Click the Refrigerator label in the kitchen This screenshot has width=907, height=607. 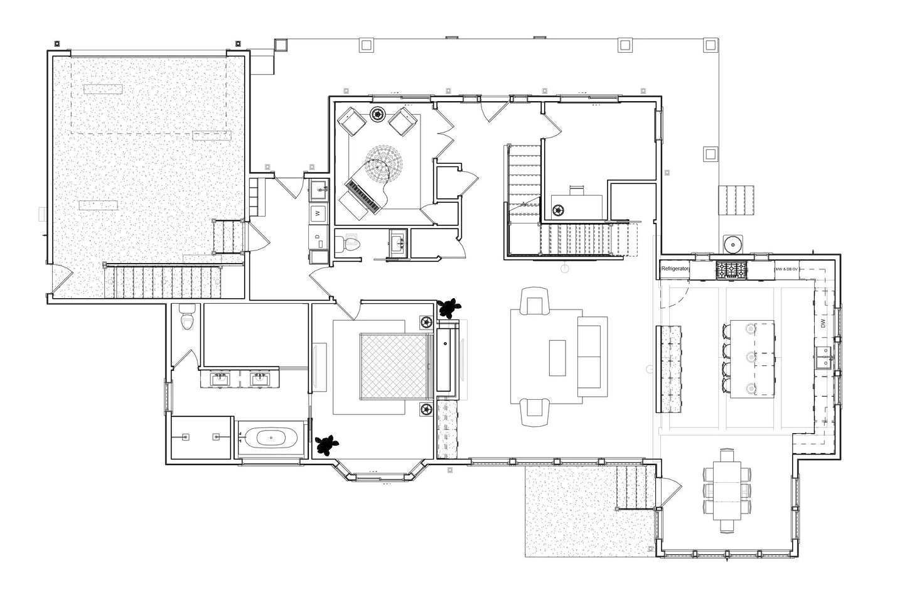[675, 269]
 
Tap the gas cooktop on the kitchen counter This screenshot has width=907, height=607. [731, 270]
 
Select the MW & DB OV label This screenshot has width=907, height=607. [786, 269]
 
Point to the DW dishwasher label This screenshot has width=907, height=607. [822, 324]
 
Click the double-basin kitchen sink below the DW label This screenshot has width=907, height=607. [823, 360]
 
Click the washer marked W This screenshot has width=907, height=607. [318, 213]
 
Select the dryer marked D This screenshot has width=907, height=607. [318, 237]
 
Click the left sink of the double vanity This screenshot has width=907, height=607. [220, 379]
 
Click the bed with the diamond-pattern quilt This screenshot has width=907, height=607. [394, 366]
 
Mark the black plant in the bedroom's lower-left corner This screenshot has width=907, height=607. [326, 444]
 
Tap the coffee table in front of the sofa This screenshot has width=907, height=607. [557, 358]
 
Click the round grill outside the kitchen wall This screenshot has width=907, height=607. [732, 242]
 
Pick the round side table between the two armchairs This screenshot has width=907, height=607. [378, 114]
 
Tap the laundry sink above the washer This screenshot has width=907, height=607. [319, 188]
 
